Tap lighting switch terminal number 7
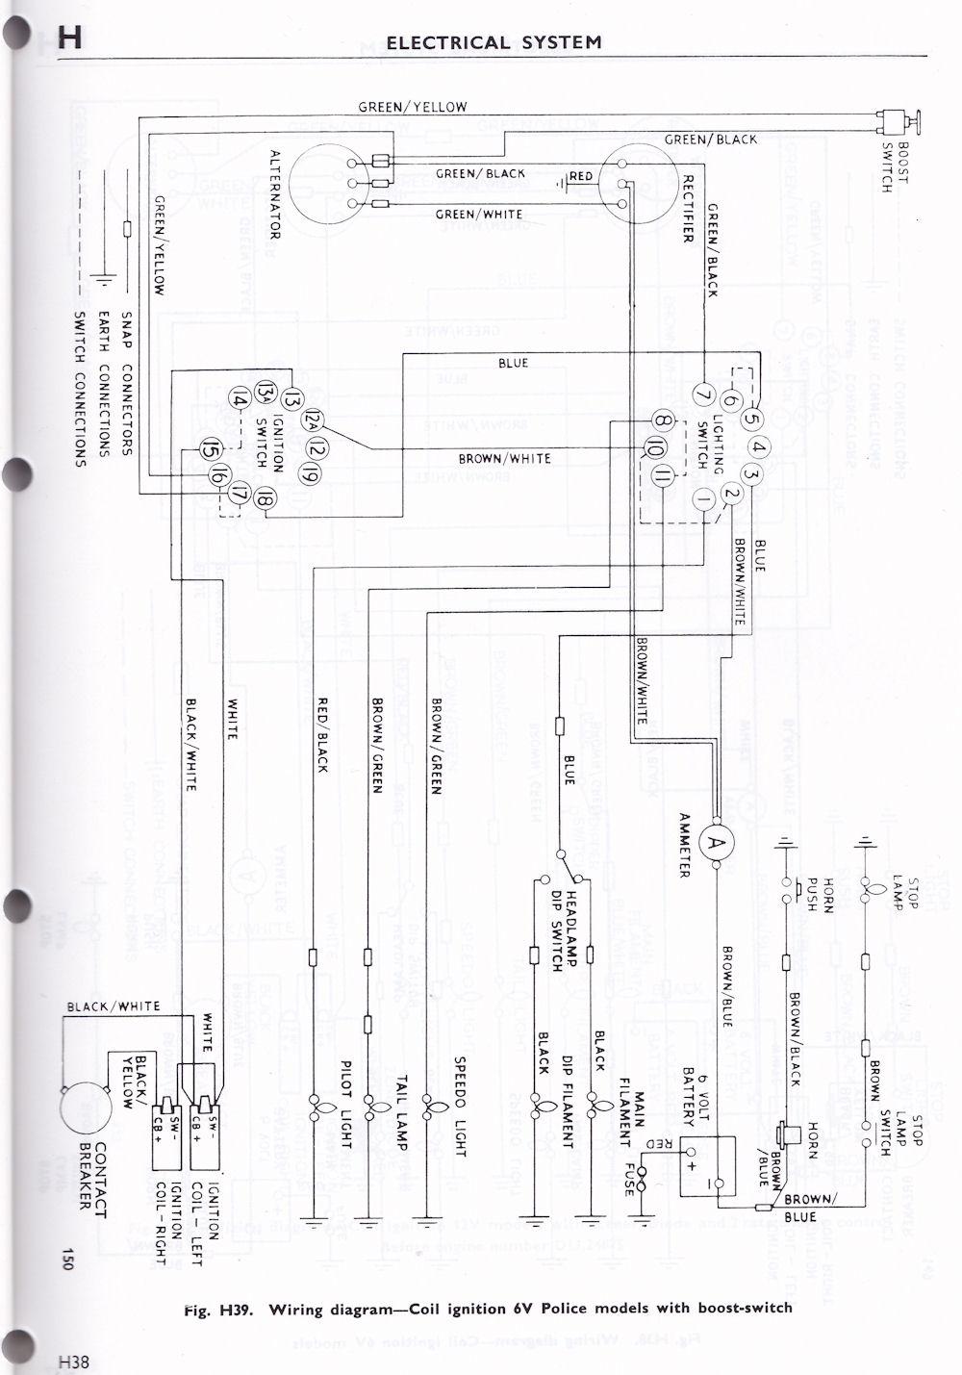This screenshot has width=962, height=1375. pos(701,393)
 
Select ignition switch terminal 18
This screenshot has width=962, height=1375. pos(266,497)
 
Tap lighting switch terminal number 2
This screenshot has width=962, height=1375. pos(731,495)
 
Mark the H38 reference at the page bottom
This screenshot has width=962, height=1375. pos(72,1361)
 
